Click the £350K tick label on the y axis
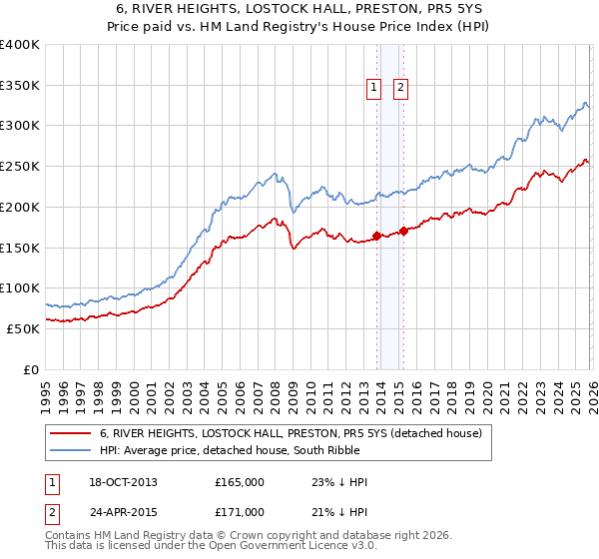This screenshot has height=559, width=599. point(20,86)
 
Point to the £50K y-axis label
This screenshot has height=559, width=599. point(23,328)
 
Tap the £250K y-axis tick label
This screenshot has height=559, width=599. point(20,167)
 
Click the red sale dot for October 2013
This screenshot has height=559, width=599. point(376,237)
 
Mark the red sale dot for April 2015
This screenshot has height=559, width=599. point(403,232)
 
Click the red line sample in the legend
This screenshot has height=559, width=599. point(69,433)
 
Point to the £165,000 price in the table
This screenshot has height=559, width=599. point(240,482)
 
